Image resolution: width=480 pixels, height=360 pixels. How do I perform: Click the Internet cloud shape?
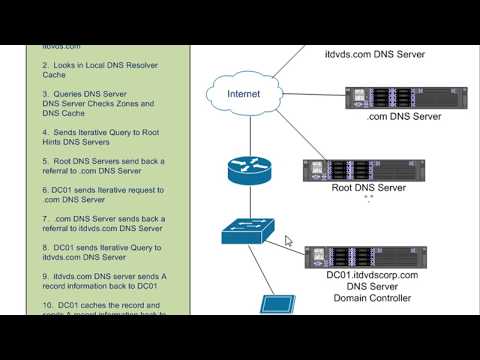244,96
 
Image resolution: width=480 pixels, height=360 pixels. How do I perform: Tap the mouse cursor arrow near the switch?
289,241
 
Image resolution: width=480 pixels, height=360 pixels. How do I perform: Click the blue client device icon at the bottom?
275,305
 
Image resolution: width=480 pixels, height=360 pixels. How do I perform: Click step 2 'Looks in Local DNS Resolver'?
98,68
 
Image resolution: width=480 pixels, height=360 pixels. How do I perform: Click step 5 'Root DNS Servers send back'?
98,166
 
